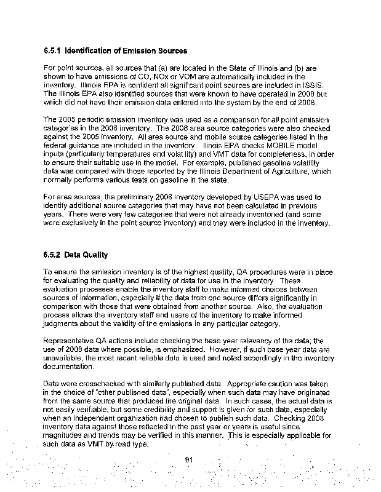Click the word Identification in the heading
(89, 50)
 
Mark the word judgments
(65, 323)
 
